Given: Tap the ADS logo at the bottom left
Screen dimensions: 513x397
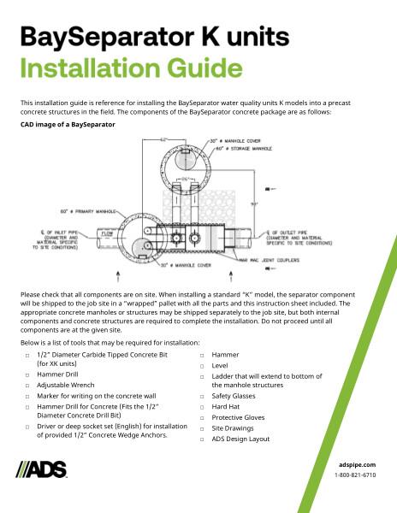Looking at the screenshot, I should (43, 469).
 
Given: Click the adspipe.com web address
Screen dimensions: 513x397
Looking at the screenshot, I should (358, 463).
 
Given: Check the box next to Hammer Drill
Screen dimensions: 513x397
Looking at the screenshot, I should (27, 374).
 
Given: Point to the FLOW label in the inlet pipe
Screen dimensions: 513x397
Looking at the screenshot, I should (109, 233).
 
